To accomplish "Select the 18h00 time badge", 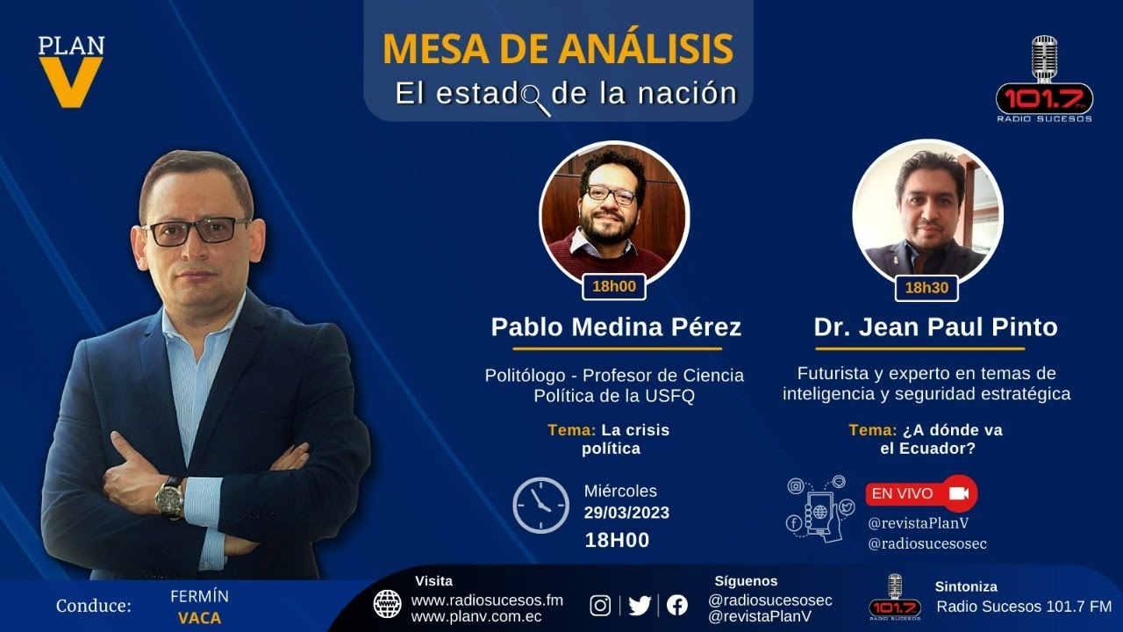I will pyautogui.click(x=613, y=286).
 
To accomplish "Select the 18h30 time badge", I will pyautogui.click(x=926, y=288).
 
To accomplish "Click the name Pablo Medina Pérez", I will pyautogui.click(x=616, y=327).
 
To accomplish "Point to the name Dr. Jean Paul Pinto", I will pyautogui.click(x=935, y=327).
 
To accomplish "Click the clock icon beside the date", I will pyautogui.click(x=540, y=505).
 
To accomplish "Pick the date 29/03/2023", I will pyautogui.click(x=626, y=513).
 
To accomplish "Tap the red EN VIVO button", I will pyautogui.click(x=920, y=493).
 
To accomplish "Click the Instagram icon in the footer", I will pyautogui.click(x=600, y=605).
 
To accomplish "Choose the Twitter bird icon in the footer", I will pyautogui.click(x=640, y=605).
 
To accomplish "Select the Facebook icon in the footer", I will pyautogui.click(x=676, y=605).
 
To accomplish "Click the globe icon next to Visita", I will pyautogui.click(x=387, y=604).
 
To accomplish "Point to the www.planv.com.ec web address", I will pyautogui.click(x=476, y=616).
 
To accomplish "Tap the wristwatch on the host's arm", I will pyautogui.click(x=168, y=497).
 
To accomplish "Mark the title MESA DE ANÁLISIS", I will pyautogui.click(x=557, y=49).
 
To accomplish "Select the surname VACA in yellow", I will pyautogui.click(x=199, y=618).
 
